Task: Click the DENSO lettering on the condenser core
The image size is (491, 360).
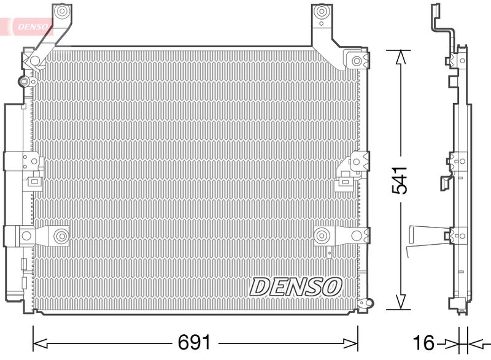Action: (x=296, y=285)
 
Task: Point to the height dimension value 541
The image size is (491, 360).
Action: (x=400, y=180)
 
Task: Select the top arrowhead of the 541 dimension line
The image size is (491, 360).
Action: (x=401, y=57)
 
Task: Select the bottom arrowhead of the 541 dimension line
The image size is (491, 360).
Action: (x=401, y=302)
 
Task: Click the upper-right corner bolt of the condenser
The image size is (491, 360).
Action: (x=357, y=61)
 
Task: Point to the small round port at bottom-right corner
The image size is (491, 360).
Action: (x=369, y=302)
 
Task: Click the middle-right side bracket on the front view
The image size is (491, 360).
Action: (x=356, y=162)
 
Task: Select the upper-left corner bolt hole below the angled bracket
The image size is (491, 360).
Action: (x=35, y=61)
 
